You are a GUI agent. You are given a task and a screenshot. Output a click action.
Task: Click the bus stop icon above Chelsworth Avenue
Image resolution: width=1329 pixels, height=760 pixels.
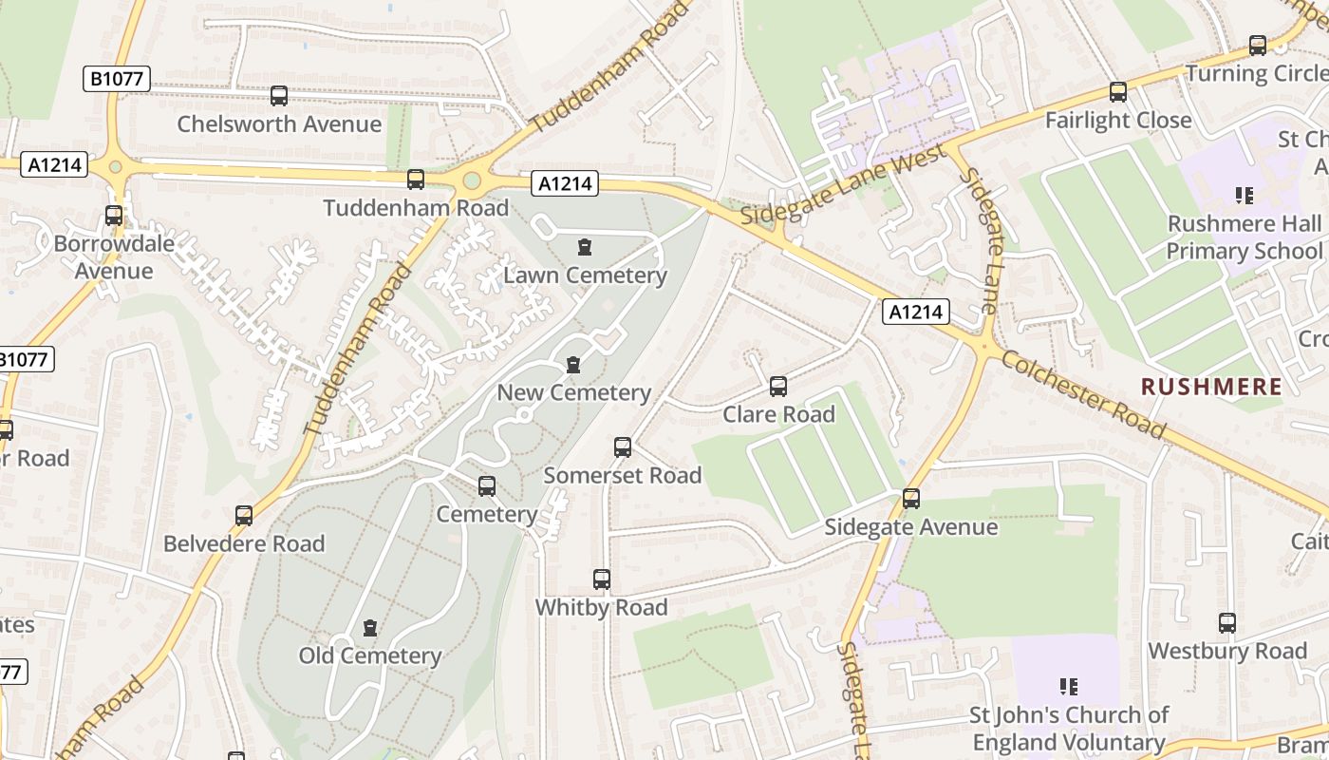point(278,96)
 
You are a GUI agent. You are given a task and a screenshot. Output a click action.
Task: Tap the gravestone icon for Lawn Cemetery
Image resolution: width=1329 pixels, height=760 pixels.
point(585,248)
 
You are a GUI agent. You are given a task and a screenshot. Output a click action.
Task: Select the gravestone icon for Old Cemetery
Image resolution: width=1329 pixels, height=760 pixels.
point(370,629)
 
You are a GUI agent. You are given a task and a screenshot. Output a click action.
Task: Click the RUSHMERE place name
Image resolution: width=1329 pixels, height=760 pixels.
point(1211,387)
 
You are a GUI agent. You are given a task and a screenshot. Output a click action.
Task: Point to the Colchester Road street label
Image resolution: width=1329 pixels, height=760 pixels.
point(1083,394)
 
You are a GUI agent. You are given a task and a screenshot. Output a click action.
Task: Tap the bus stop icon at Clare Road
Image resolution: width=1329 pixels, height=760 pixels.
point(778,387)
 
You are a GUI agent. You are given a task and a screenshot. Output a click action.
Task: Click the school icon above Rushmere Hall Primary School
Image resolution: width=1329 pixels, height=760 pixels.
point(1244,196)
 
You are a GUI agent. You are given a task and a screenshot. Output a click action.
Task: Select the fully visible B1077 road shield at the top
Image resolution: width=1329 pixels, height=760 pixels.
point(117,79)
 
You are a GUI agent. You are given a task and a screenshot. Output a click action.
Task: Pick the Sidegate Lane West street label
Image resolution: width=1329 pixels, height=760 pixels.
point(843,185)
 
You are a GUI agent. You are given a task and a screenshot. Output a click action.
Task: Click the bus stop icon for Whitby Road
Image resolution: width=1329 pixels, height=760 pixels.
point(601,579)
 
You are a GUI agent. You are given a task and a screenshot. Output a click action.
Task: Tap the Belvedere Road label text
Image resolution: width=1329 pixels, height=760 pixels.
point(244,543)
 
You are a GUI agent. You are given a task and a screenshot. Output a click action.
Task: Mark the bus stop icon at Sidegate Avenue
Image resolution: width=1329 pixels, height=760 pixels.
point(911,499)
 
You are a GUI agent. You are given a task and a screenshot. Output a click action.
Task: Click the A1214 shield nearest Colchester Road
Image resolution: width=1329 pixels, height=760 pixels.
point(915,312)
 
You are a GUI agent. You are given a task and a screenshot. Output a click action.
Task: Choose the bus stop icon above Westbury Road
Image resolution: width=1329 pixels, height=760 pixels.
point(1227,623)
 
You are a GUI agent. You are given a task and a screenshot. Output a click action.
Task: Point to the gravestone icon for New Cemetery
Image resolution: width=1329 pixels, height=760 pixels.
point(572,366)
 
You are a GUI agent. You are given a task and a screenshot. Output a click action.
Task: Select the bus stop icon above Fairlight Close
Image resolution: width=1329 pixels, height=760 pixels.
point(1118,92)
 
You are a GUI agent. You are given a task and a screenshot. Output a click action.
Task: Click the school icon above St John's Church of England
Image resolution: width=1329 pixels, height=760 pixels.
point(1068,686)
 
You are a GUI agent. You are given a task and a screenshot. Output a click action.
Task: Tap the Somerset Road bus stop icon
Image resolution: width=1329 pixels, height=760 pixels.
point(623,447)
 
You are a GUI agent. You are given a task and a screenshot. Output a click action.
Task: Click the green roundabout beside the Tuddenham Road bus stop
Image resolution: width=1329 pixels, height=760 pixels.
point(472,180)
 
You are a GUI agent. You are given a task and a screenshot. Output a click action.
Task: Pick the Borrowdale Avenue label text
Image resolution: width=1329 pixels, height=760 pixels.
point(114,256)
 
